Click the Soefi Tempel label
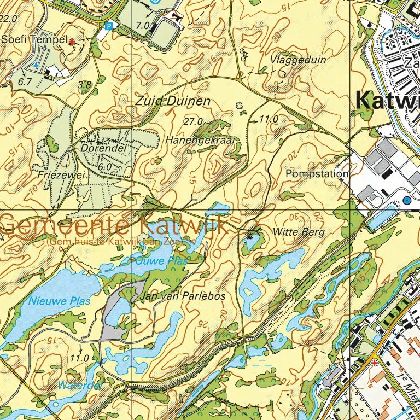click(x=34, y=39)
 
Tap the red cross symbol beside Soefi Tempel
click(x=72, y=41)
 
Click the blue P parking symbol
click(x=109, y=26)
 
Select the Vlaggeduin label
click(x=298, y=60)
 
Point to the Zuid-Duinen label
click(x=165, y=101)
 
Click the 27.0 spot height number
click(x=194, y=121)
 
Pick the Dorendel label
click(x=104, y=148)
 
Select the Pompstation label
click(x=317, y=174)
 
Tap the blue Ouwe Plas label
click(x=161, y=261)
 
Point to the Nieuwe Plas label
click(x=52, y=300)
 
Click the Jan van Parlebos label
click(x=183, y=296)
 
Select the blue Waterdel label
click(x=80, y=386)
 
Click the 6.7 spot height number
click(x=25, y=81)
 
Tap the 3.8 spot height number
click(x=84, y=85)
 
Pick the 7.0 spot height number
click(x=144, y=26)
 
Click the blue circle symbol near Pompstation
click(x=407, y=201)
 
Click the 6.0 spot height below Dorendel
click(x=106, y=166)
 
